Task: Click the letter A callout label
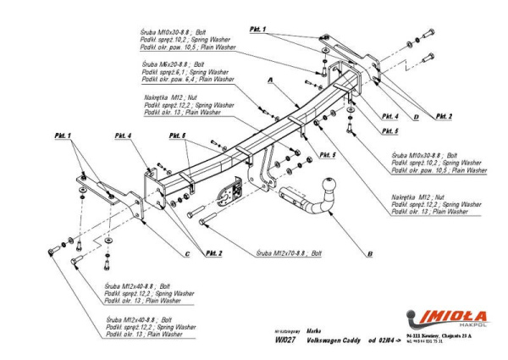(x=270, y=80)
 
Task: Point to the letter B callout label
(x=370, y=253)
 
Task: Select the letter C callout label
(x=186, y=254)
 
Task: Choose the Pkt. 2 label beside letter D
(x=444, y=116)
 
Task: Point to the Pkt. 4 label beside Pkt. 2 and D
(x=390, y=116)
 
